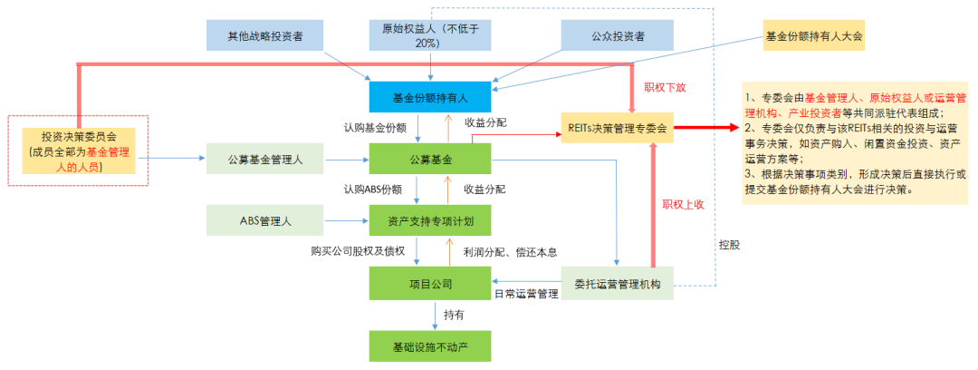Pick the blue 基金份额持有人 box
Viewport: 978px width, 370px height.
click(430, 96)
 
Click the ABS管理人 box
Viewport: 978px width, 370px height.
click(265, 220)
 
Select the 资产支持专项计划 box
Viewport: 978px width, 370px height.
click(430, 220)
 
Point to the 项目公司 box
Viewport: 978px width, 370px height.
click(430, 283)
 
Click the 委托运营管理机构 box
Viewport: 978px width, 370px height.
click(618, 283)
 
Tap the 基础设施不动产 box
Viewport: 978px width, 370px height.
click(430, 346)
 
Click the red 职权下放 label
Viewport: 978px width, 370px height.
click(665, 88)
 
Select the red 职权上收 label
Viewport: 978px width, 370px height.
click(683, 205)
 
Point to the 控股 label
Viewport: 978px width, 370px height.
click(728, 245)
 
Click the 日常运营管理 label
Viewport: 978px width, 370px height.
click(526, 295)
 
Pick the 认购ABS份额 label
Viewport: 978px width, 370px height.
click(372, 189)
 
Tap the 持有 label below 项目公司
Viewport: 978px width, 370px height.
click(454, 315)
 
